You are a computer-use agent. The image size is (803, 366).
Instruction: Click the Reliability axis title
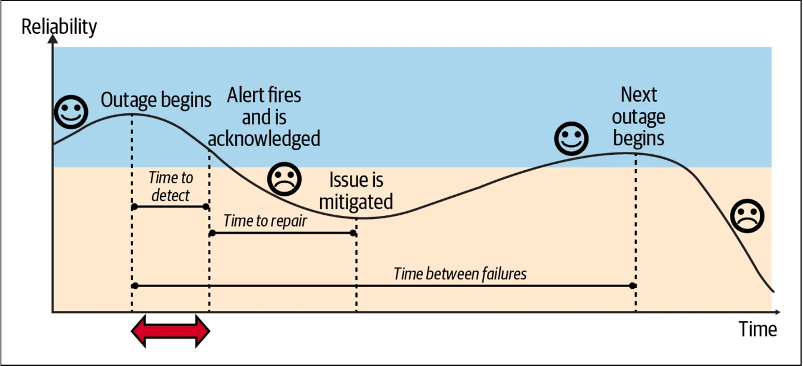coord(59,27)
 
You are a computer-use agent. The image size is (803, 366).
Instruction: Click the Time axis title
coord(757,329)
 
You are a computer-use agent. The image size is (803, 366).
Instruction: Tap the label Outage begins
coord(156,100)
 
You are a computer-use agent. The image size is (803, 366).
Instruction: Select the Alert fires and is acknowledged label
coord(264,117)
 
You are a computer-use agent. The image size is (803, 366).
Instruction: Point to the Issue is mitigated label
coord(356,190)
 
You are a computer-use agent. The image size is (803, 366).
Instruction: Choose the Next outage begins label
coord(638,116)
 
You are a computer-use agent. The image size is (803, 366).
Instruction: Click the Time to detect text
coord(170,186)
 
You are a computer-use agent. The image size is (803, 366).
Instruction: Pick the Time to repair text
coord(265,221)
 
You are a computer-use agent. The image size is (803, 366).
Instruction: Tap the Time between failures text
coord(460,273)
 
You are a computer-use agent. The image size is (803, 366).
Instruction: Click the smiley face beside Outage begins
coord(71,112)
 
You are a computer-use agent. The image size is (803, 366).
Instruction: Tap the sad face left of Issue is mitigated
coord(284,179)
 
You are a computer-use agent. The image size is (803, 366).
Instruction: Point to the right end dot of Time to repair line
coord(353,233)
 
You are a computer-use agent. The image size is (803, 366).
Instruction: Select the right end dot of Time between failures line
coord(633,286)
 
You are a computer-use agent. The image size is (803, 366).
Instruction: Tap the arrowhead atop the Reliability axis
coord(53,40)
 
